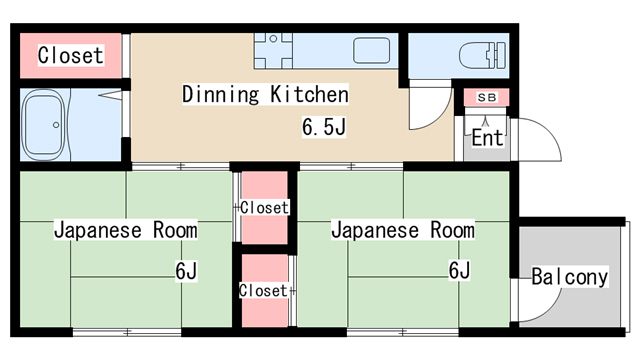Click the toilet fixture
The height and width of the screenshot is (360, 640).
482,55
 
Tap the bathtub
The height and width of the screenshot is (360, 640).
44,125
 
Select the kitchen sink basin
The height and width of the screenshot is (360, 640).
371,51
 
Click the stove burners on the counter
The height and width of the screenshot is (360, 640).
273,51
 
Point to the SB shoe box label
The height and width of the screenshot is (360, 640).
487,98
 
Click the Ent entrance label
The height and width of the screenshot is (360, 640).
487,138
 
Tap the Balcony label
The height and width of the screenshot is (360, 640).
569,277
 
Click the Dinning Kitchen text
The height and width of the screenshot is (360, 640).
265,94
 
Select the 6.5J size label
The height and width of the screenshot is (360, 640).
324,127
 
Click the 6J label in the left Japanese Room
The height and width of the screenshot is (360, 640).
186,270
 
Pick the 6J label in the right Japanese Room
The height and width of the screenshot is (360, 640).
460,270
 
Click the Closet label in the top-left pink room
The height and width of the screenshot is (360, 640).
70,55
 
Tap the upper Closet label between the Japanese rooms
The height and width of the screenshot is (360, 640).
264,207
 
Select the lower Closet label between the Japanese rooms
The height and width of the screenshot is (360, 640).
263,291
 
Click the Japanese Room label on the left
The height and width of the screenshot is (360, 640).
126,230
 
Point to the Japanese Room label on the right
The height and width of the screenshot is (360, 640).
403,230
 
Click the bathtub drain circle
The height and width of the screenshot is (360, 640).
56,125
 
